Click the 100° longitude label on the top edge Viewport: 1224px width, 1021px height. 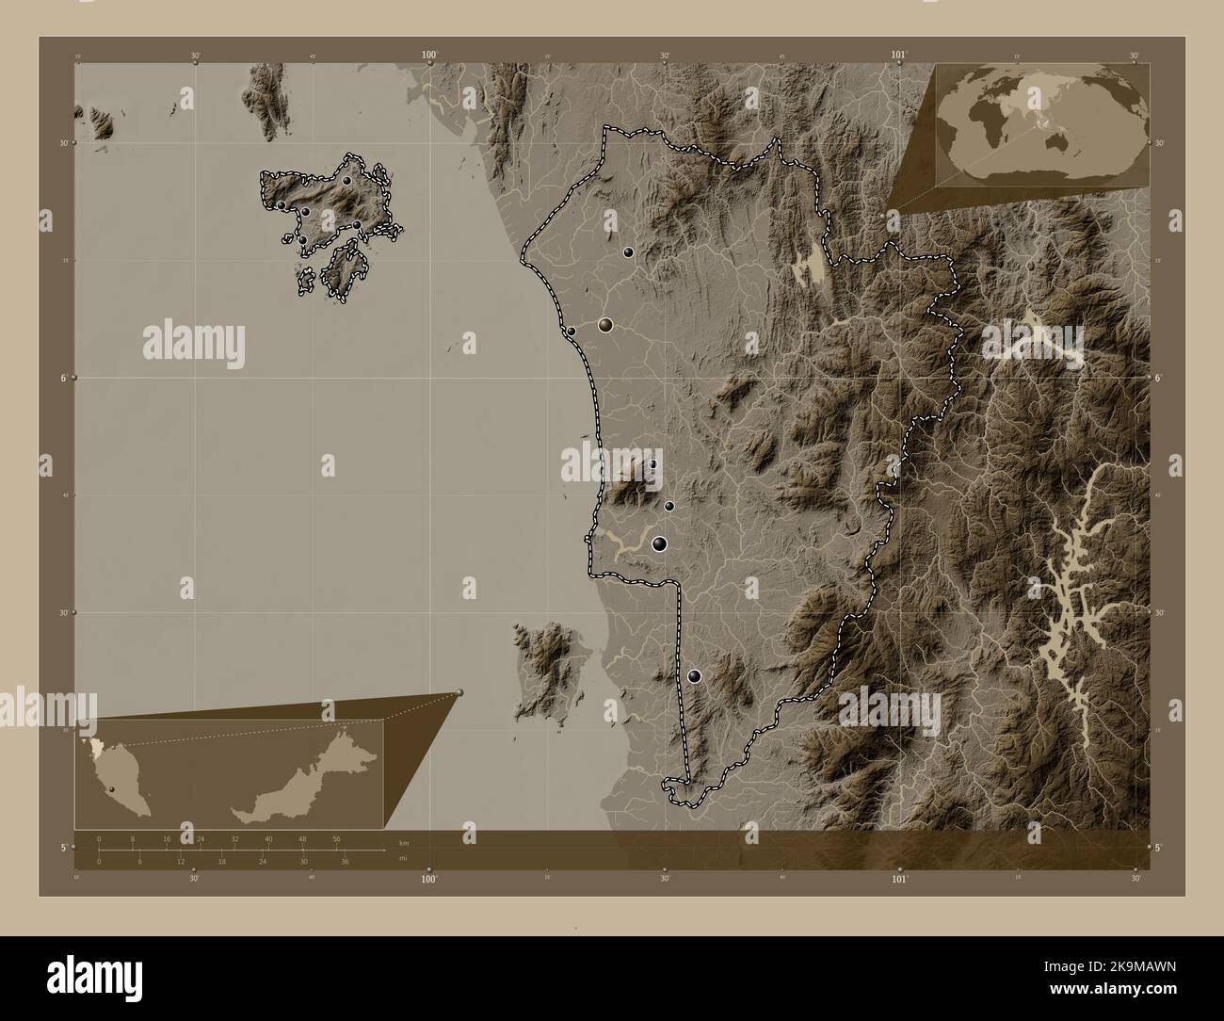tap(430, 56)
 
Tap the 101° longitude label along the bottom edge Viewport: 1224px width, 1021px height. tap(899, 879)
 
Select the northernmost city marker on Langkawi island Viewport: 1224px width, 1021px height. tap(346, 180)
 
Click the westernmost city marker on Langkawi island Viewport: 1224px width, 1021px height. tap(281, 204)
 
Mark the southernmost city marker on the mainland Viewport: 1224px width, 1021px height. tap(695, 675)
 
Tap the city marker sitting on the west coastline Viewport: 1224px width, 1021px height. tap(571, 331)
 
